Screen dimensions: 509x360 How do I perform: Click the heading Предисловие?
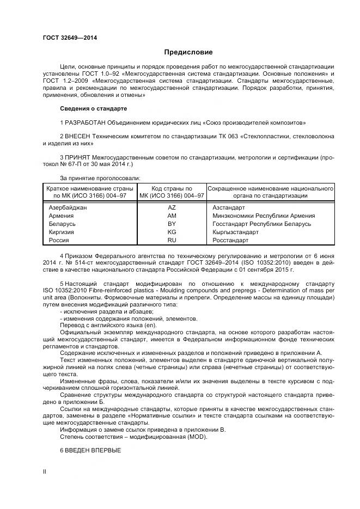click(188, 52)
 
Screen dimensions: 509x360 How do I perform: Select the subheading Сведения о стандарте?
click(93, 109)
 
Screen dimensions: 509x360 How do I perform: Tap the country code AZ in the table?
click(172, 207)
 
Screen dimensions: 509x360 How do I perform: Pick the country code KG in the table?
click(172, 232)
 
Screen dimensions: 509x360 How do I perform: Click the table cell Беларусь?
click(62, 224)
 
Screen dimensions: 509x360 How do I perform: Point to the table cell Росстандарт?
click(230, 240)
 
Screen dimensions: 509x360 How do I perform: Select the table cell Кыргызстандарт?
click(235, 232)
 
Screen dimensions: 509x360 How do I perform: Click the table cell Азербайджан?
click(68, 207)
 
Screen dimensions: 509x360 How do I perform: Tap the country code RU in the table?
click(172, 240)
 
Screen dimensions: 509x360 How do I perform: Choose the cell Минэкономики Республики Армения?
click(263, 216)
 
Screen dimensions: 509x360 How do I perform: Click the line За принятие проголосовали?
click(100, 177)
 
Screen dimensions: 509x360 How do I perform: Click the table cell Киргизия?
click(62, 232)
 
